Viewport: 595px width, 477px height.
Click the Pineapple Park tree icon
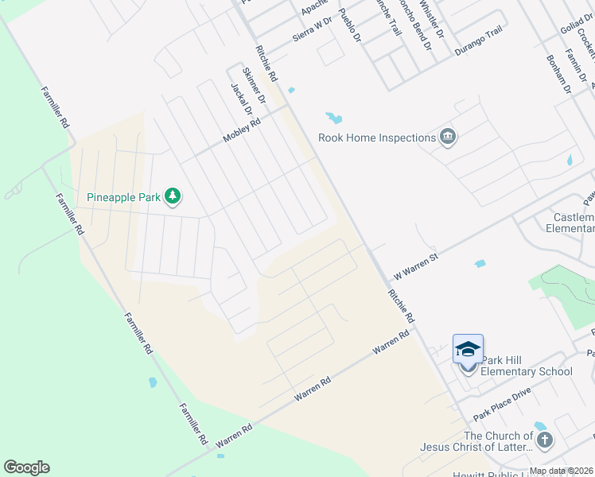[x=173, y=196]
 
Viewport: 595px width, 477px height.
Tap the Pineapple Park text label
[x=125, y=196]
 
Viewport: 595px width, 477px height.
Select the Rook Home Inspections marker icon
[x=448, y=138]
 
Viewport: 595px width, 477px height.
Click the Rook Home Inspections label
[x=376, y=138]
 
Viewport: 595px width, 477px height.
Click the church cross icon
[x=544, y=440]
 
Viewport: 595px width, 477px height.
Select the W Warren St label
[x=416, y=266]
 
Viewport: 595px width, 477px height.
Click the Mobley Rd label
[x=242, y=129]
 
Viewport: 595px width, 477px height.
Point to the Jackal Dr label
[x=241, y=100]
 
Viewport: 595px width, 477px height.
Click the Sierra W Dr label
[x=312, y=30]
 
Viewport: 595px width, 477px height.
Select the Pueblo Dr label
[x=349, y=25]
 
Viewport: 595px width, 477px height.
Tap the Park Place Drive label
[x=501, y=405]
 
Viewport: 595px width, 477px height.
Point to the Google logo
[x=26, y=467]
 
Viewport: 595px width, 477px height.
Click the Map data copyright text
[x=562, y=471]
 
